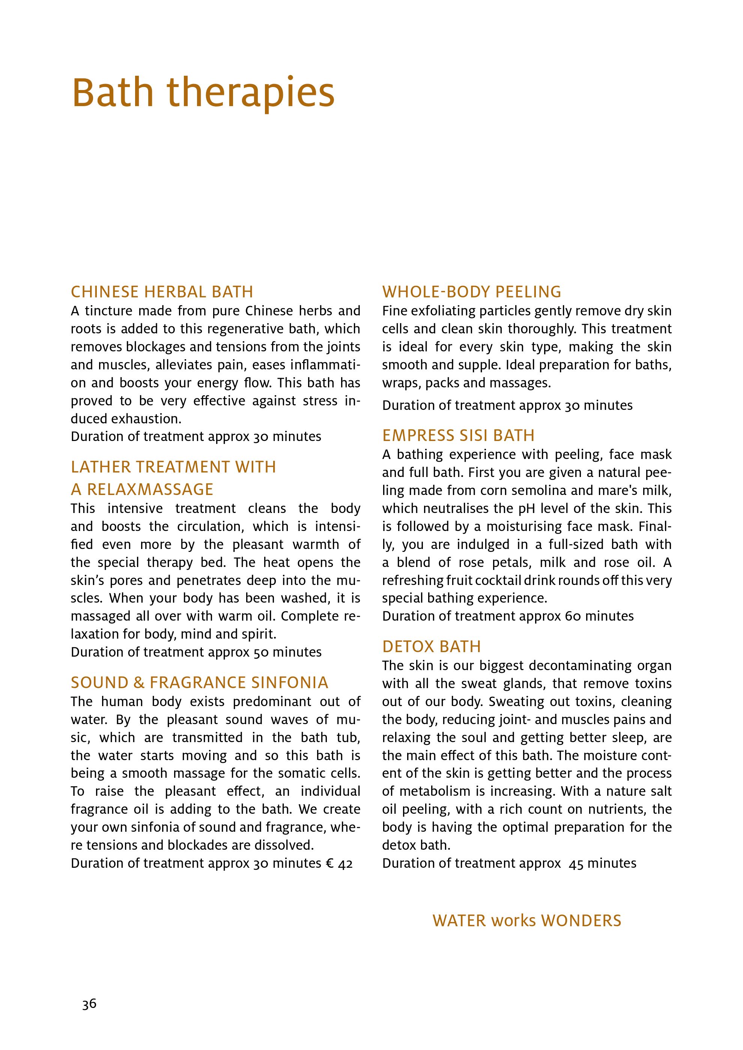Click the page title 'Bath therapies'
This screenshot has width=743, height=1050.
click(x=203, y=93)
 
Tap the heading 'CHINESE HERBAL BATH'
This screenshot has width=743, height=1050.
click(x=162, y=292)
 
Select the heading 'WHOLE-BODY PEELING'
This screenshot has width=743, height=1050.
click(x=472, y=292)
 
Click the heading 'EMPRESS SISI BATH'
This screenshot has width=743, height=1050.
click(x=459, y=435)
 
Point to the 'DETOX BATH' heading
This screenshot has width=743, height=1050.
click(x=432, y=646)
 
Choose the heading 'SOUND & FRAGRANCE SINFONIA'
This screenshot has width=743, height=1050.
click(x=200, y=683)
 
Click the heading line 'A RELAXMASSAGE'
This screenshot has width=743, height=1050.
click(x=142, y=489)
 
